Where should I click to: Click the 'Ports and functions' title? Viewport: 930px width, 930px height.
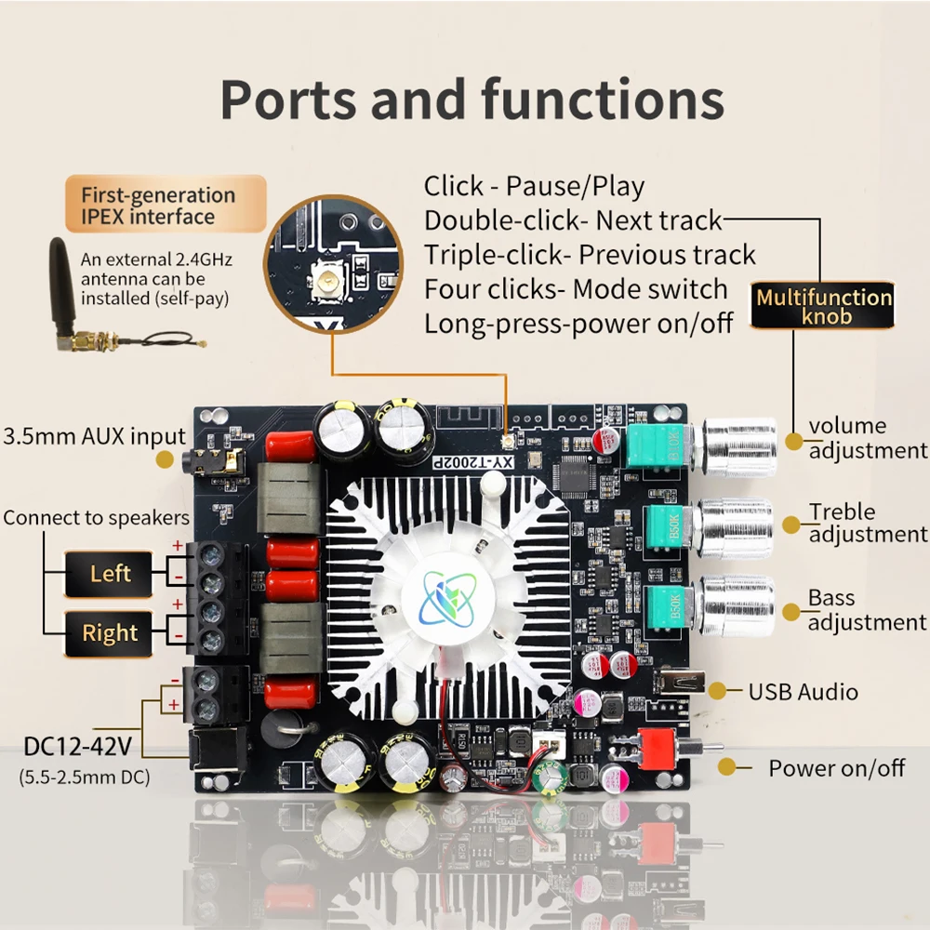(472, 100)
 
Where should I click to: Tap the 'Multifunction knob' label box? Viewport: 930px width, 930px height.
(823, 307)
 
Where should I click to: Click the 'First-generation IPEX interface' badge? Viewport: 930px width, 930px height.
(158, 206)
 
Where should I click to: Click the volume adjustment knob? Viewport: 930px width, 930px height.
(738, 447)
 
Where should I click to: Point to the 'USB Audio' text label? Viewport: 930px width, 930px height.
(803, 692)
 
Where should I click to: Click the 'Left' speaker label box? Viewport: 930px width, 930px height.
(110, 574)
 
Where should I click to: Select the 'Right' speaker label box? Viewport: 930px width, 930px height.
(110, 633)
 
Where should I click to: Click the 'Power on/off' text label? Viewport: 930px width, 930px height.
(836, 768)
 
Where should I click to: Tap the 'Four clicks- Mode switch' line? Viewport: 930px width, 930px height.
(576, 288)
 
